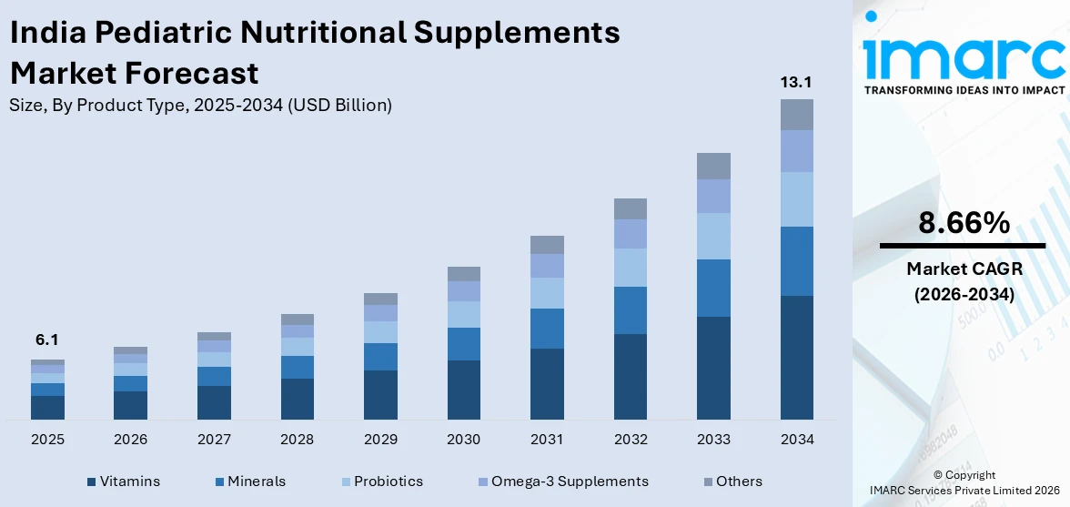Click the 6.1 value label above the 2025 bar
click(x=47, y=340)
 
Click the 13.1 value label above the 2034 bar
click(x=796, y=83)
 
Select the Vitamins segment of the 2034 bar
click(x=796, y=357)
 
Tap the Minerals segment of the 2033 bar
click(x=713, y=288)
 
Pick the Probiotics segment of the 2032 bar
click(x=631, y=268)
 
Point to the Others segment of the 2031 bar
click(x=547, y=244)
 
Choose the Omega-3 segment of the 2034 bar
click(x=796, y=151)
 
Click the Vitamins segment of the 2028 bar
click(x=298, y=399)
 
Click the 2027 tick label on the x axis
click(x=214, y=440)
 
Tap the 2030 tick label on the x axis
click(x=464, y=440)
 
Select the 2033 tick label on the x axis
click(x=713, y=440)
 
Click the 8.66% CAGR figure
click(x=963, y=223)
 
